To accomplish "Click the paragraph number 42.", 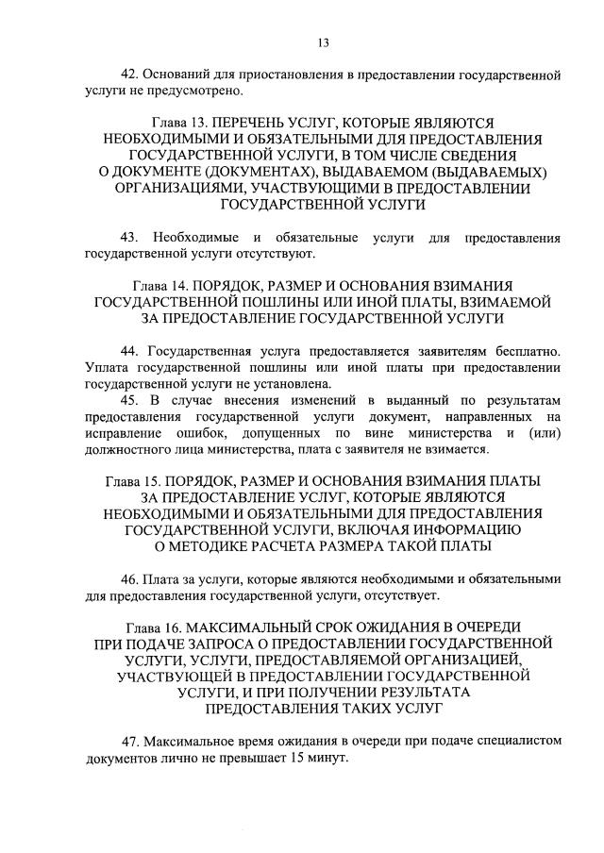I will tap(131, 74).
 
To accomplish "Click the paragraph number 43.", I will tap(131, 238).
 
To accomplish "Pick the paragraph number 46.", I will tap(131, 577).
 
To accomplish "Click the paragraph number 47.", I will tap(131, 740).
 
